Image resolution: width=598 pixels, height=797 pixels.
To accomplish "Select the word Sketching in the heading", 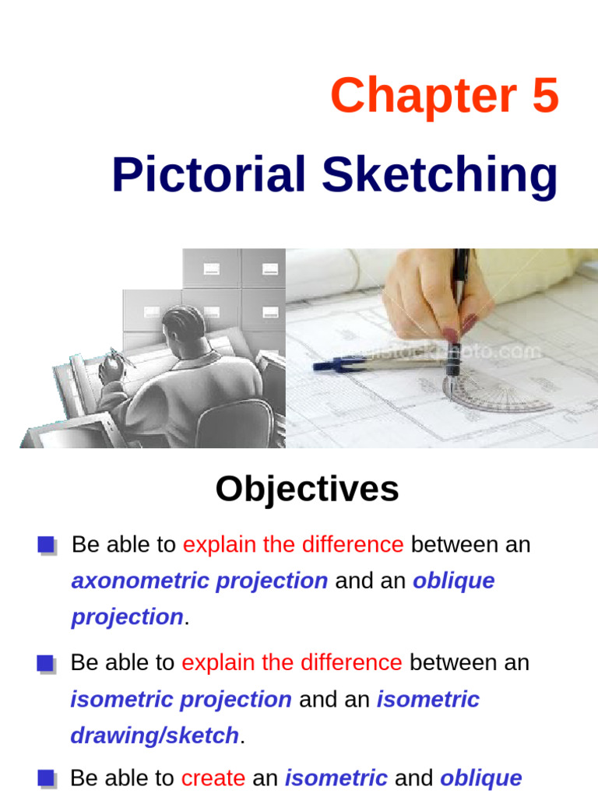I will (x=440, y=176).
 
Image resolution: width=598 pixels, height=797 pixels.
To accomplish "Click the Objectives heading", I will (x=307, y=489).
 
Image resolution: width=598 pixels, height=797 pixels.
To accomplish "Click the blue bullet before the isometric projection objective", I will (x=46, y=664).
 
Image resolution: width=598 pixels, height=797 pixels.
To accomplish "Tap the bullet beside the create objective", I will (x=46, y=778).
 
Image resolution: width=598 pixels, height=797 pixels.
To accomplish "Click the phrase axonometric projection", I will (x=199, y=581).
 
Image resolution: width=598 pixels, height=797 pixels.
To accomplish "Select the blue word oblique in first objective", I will (x=453, y=581).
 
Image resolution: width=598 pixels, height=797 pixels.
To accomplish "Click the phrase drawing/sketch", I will (x=154, y=735).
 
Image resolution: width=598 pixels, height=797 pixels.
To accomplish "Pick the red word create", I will (x=213, y=778).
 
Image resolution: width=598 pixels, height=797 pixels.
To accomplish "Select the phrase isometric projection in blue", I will (x=181, y=699).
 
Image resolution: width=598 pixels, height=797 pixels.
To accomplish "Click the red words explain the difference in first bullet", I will (x=293, y=545).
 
